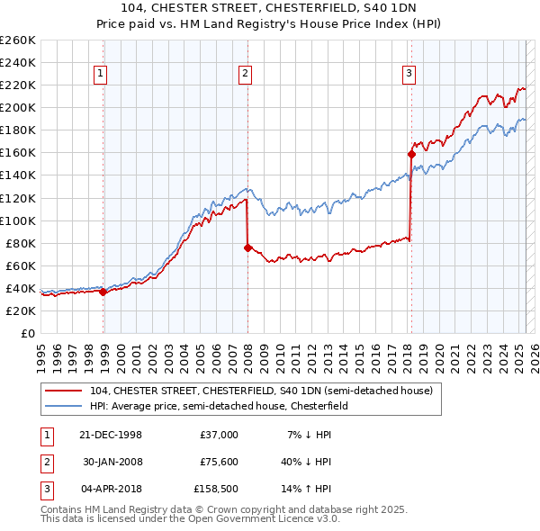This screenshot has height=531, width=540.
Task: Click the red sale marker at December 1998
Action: click(103, 291)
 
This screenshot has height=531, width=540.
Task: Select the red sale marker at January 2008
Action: click(247, 247)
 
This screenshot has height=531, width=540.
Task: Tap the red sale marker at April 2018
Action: click(411, 154)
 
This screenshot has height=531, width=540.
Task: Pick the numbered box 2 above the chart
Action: click(245, 74)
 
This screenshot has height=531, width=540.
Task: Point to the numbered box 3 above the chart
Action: click(409, 74)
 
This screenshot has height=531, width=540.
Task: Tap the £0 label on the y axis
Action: click(29, 333)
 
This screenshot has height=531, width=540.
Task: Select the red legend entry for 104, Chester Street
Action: click(261, 391)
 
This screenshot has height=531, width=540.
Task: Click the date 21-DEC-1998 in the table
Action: click(111, 434)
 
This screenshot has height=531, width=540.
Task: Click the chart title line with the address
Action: click(270, 8)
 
